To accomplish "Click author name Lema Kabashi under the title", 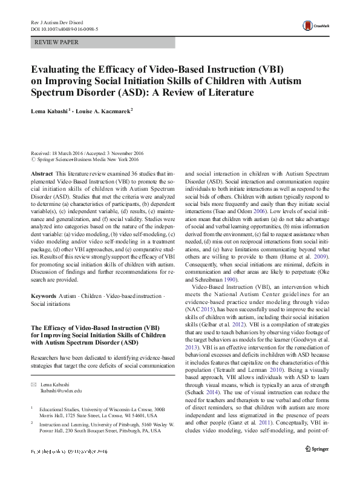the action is [52, 111].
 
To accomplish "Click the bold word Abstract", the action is [41, 173].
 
